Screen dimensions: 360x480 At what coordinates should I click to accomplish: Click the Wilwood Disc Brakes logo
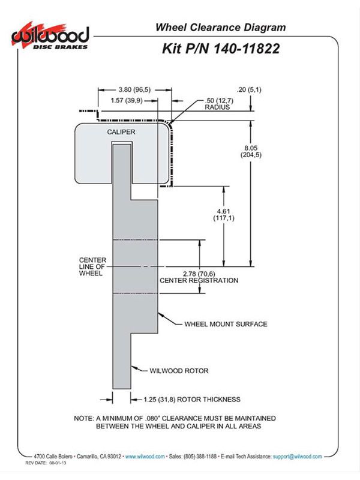tap(50, 37)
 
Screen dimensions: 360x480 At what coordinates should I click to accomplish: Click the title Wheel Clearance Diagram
tap(220, 27)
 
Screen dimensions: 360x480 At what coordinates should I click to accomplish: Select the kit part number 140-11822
tap(245, 49)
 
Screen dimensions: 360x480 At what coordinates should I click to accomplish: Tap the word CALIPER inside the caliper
tap(121, 132)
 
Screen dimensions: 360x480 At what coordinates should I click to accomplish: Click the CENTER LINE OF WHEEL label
tap(92, 266)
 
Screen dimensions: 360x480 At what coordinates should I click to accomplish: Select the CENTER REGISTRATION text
tap(199, 280)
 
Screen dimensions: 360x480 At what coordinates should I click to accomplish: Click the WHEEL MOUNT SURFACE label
tap(226, 324)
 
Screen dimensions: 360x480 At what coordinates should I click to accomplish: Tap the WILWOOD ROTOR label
tap(179, 371)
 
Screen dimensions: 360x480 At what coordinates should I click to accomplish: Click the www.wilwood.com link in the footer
tap(145, 457)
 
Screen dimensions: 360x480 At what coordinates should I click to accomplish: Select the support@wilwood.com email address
tap(297, 457)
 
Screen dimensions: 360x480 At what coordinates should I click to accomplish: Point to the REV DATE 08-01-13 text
tap(46, 463)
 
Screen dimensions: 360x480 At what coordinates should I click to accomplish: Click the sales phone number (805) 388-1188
tap(200, 457)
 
